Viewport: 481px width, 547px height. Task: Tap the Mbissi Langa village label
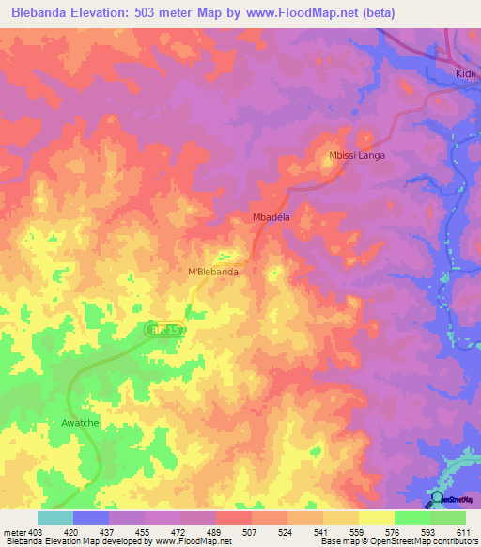click(x=357, y=155)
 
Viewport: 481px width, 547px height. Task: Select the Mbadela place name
click(x=272, y=216)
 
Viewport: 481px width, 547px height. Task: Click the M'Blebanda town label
click(x=213, y=272)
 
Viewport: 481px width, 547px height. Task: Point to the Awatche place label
click(x=80, y=422)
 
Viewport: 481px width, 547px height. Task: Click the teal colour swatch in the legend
click(x=55, y=518)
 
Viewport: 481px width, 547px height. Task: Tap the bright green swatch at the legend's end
click(x=447, y=518)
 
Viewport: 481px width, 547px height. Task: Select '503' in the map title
click(x=160, y=13)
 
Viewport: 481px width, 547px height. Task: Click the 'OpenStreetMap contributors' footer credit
click(x=424, y=541)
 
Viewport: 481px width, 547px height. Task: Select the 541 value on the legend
click(x=322, y=531)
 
